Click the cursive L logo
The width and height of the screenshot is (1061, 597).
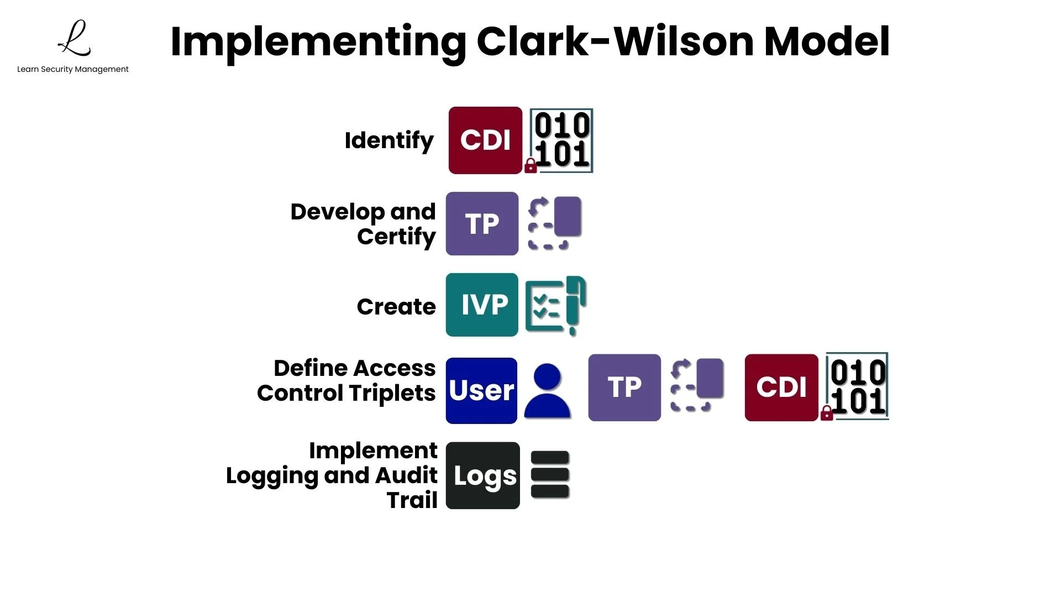[75, 39]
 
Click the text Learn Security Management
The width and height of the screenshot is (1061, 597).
[72, 69]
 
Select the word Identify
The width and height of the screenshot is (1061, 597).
[389, 140]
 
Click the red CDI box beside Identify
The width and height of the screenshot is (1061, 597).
[485, 140]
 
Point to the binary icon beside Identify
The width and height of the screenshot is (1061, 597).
[562, 140]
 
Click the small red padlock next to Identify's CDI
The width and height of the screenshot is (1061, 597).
[530, 166]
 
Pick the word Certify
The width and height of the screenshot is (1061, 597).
[396, 237]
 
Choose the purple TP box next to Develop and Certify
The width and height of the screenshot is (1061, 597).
[482, 223]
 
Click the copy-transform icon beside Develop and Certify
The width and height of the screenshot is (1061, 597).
[554, 223]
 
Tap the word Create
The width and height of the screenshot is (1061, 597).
[396, 306]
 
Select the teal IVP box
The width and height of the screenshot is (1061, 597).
[482, 305]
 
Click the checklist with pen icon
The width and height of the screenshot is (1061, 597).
[555, 305]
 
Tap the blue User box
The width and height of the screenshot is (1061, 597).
[481, 391]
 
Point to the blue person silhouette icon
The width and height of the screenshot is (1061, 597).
[547, 391]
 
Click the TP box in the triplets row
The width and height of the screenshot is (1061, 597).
[624, 387]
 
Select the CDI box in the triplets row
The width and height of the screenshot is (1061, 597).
[781, 387]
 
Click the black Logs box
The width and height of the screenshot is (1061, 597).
[483, 475]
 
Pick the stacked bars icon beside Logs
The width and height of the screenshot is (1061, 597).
[550, 475]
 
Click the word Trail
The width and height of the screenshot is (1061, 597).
[412, 500]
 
